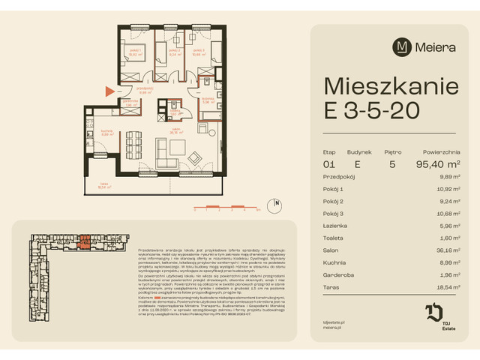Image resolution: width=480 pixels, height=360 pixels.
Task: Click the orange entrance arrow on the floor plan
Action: (110, 91)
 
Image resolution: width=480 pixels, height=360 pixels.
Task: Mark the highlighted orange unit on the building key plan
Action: (85, 241)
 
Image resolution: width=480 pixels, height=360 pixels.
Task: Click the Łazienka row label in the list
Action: (337, 226)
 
